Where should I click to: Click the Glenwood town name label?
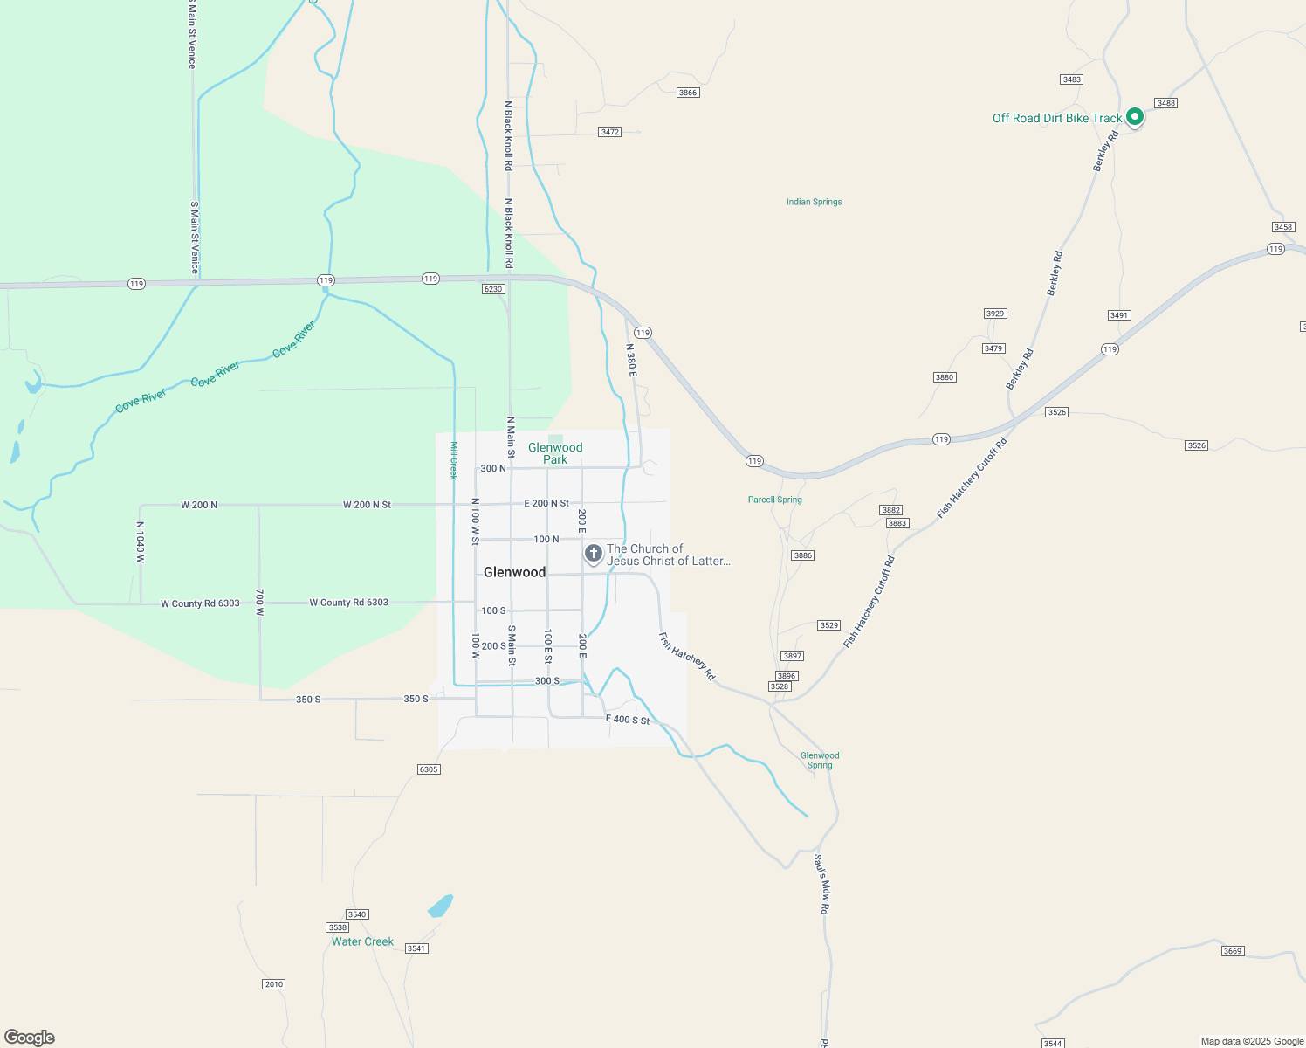[x=514, y=572]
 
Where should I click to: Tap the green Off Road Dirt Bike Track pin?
[x=1134, y=116]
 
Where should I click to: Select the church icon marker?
[x=594, y=553]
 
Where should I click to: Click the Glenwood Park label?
[x=555, y=453]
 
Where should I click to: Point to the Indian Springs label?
[x=814, y=202]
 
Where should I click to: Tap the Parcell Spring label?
[x=774, y=500]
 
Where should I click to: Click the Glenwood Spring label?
[x=820, y=760]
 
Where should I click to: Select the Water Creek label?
[x=362, y=941]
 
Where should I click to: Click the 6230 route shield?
[x=493, y=289]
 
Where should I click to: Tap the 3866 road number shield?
[x=688, y=93]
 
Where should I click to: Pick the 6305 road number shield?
[x=429, y=769]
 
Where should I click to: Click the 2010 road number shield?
[x=274, y=984]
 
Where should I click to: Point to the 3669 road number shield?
[x=1232, y=951]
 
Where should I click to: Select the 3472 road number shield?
[x=609, y=132]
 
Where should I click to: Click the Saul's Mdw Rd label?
[x=821, y=884]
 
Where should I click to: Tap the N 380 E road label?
[x=631, y=360]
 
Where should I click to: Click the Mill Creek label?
[x=453, y=460]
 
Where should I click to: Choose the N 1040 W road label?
[x=140, y=542]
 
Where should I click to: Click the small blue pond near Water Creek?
[x=441, y=906]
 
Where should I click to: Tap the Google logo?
[x=30, y=1038]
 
